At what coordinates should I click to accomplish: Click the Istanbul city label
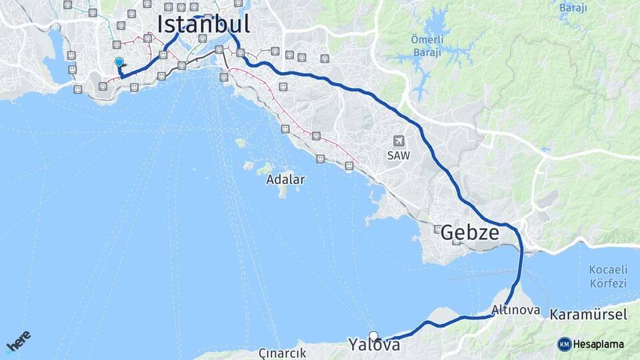pos(204,24)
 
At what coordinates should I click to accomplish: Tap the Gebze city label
pos(470,233)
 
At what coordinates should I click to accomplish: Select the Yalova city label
pos(374,345)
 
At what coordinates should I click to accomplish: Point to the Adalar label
pos(285,179)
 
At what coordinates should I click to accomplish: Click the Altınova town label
pos(511,310)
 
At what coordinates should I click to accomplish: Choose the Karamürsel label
pos(589,315)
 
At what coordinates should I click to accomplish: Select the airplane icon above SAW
pos(399,141)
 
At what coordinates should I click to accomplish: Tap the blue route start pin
pos(119,63)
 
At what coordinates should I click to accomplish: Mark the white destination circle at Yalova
pos(373,336)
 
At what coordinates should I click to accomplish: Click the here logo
pos(19,341)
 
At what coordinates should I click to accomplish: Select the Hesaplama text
pos(598,345)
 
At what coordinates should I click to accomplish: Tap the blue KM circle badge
pos(564,344)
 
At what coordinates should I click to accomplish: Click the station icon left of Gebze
pos(437,229)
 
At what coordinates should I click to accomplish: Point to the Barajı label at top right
pos(573,8)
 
